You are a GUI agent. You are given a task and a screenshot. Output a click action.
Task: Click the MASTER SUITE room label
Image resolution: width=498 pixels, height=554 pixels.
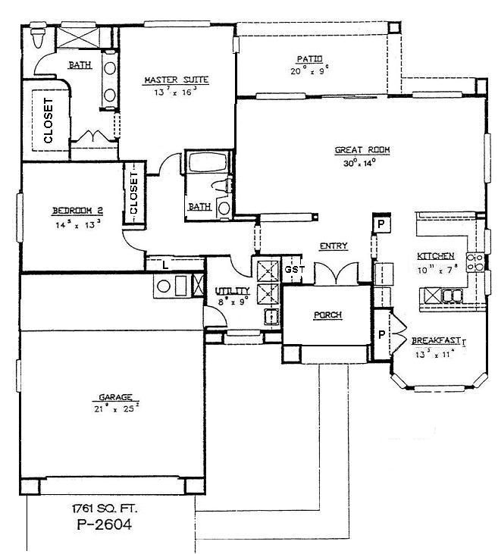coord(176,80)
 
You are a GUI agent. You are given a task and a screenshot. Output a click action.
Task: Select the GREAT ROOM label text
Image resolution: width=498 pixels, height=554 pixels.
coord(362,150)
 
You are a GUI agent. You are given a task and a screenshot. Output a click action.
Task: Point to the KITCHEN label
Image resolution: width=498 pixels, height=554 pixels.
coord(436,256)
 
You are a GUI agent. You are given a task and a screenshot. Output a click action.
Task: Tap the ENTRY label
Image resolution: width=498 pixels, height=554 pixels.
coord(333,246)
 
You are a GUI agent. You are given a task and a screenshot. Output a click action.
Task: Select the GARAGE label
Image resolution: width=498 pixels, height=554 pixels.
coord(114,396)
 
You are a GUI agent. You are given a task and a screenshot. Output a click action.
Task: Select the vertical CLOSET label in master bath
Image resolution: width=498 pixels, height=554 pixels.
coord(48,121)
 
